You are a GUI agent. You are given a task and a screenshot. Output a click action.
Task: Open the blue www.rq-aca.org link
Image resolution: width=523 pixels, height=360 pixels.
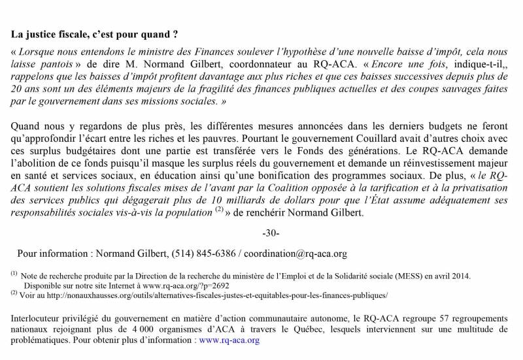point(229,340)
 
